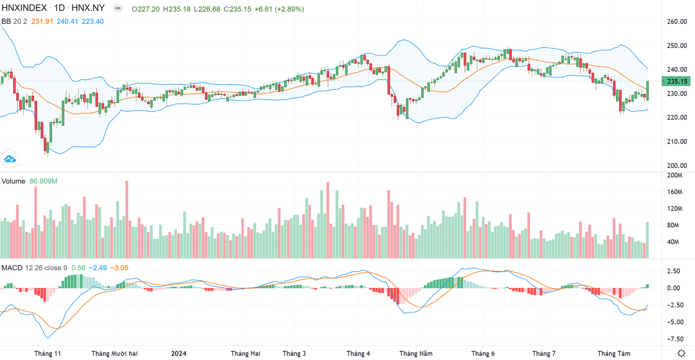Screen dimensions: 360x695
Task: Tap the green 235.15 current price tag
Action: pyautogui.click(x=676, y=82)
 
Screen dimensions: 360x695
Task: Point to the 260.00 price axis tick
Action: pyautogui.click(x=676, y=22)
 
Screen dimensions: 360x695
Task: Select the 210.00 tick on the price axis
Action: pyautogui.click(x=676, y=141)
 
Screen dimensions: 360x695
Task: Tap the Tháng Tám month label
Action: pyautogui.click(x=614, y=353)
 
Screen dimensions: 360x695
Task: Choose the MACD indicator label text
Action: pyautogui.click(x=12, y=267)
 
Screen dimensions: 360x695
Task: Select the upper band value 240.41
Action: pyautogui.click(x=68, y=21)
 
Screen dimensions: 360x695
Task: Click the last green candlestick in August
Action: pyautogui.click(x=648, y=90)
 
